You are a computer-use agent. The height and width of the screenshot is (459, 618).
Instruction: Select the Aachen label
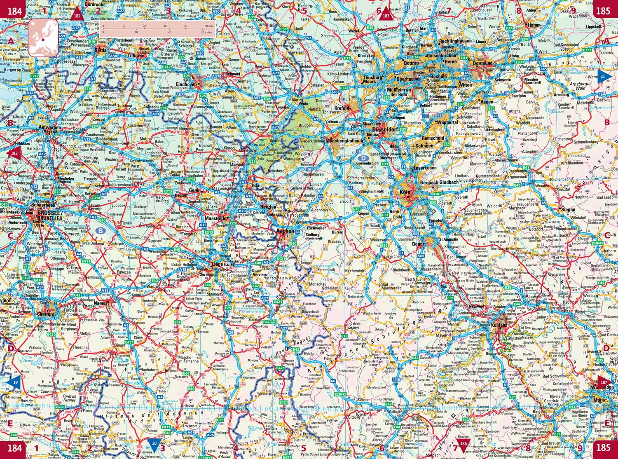(285, 231)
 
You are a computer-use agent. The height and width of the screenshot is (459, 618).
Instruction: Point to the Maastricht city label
(215, 218)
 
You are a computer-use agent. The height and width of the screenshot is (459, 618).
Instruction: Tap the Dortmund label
(482, 63)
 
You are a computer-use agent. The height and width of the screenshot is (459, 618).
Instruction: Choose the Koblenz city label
(499, 325)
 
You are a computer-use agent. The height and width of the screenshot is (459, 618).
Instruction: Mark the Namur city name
(101, 303)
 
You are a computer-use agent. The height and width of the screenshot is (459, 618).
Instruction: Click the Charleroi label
(46, 314)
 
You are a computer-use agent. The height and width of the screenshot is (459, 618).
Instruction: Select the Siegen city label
(568, 209)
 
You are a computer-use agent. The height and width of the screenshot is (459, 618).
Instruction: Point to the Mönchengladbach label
(344, 141)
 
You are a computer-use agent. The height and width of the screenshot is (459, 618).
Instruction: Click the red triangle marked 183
(386, 14)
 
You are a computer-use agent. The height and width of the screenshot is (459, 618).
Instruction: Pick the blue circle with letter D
(363, 158)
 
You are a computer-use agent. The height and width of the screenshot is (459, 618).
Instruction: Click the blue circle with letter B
(100, 231)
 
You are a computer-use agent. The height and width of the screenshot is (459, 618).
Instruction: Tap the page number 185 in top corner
(603, 10)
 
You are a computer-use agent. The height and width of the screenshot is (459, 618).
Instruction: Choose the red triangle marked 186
(464, 444)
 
